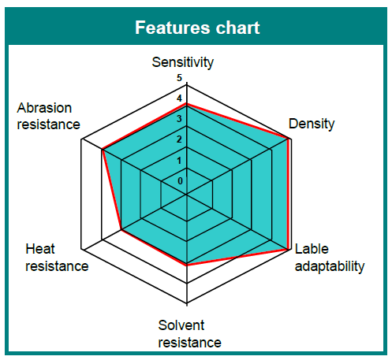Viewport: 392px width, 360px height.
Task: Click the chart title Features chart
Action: tap(197, 28)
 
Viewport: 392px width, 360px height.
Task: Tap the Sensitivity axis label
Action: tap(183, 62)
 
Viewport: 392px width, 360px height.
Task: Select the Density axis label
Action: tap(312, 124)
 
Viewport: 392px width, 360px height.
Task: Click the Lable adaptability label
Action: tap(330, 258)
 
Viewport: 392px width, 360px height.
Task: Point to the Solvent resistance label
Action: tap(189, 334)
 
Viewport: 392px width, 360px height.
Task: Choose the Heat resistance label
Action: tap(57, 258)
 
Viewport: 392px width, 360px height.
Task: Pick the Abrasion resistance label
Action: tap(48, 116)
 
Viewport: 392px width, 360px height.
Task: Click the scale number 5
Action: tap(179, 78)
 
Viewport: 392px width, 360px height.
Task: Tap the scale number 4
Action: tap(179, 98)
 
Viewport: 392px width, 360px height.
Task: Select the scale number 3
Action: tap(179, 119)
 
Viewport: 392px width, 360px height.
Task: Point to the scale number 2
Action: tap(179, 139)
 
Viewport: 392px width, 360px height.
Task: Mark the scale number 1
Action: tap(179, 160)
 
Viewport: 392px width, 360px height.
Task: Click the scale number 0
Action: tap(180, 180)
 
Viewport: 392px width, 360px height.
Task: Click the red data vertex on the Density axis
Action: tap(289, 139)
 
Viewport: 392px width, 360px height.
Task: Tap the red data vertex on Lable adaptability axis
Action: tap(289, 249)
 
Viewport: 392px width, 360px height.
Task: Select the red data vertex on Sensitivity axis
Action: tap(187, 104)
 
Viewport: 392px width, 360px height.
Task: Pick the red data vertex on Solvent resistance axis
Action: tap(187, 265)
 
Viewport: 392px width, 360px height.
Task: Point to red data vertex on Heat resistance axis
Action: tap(121, 230)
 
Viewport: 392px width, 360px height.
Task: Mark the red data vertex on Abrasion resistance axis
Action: tap(103, 150)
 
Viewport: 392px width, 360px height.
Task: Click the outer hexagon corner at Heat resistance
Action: tap(81, 250)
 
